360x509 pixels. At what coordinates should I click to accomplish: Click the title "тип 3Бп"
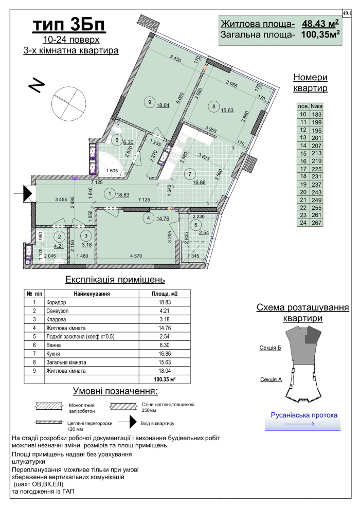coord(69,25)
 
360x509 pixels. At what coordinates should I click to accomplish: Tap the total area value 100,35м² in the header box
coord(321,34)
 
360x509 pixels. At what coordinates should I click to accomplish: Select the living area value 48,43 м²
coord(321,23)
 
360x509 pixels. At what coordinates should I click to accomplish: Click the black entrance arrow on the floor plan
coord(28,193)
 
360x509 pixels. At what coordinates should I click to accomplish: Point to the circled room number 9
coord(150,102)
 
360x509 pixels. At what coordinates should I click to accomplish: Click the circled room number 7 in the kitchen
coord(190,174)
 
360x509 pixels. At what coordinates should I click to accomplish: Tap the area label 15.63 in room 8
coord(227,111)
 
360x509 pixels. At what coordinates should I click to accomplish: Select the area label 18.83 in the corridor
coord(123,195)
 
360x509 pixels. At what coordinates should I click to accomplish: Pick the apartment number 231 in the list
coord(316,176)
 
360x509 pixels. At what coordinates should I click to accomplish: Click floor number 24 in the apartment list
coord(303,223)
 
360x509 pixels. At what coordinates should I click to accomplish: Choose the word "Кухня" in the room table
coord(53,354)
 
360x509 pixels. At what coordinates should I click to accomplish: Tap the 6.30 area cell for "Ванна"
coord(165,345)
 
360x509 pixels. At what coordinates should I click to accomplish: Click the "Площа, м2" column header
coord(165,294)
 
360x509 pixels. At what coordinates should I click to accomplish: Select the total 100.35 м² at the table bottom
coord(165,379)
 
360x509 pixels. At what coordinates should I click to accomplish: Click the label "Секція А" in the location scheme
coord(271,379)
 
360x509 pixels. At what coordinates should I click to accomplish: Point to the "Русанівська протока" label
coord(304,415)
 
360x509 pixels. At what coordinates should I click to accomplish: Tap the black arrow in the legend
coord(133,422)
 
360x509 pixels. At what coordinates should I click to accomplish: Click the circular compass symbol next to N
coord(68,103)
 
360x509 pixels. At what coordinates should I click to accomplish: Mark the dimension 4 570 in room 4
coord(136,256)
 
